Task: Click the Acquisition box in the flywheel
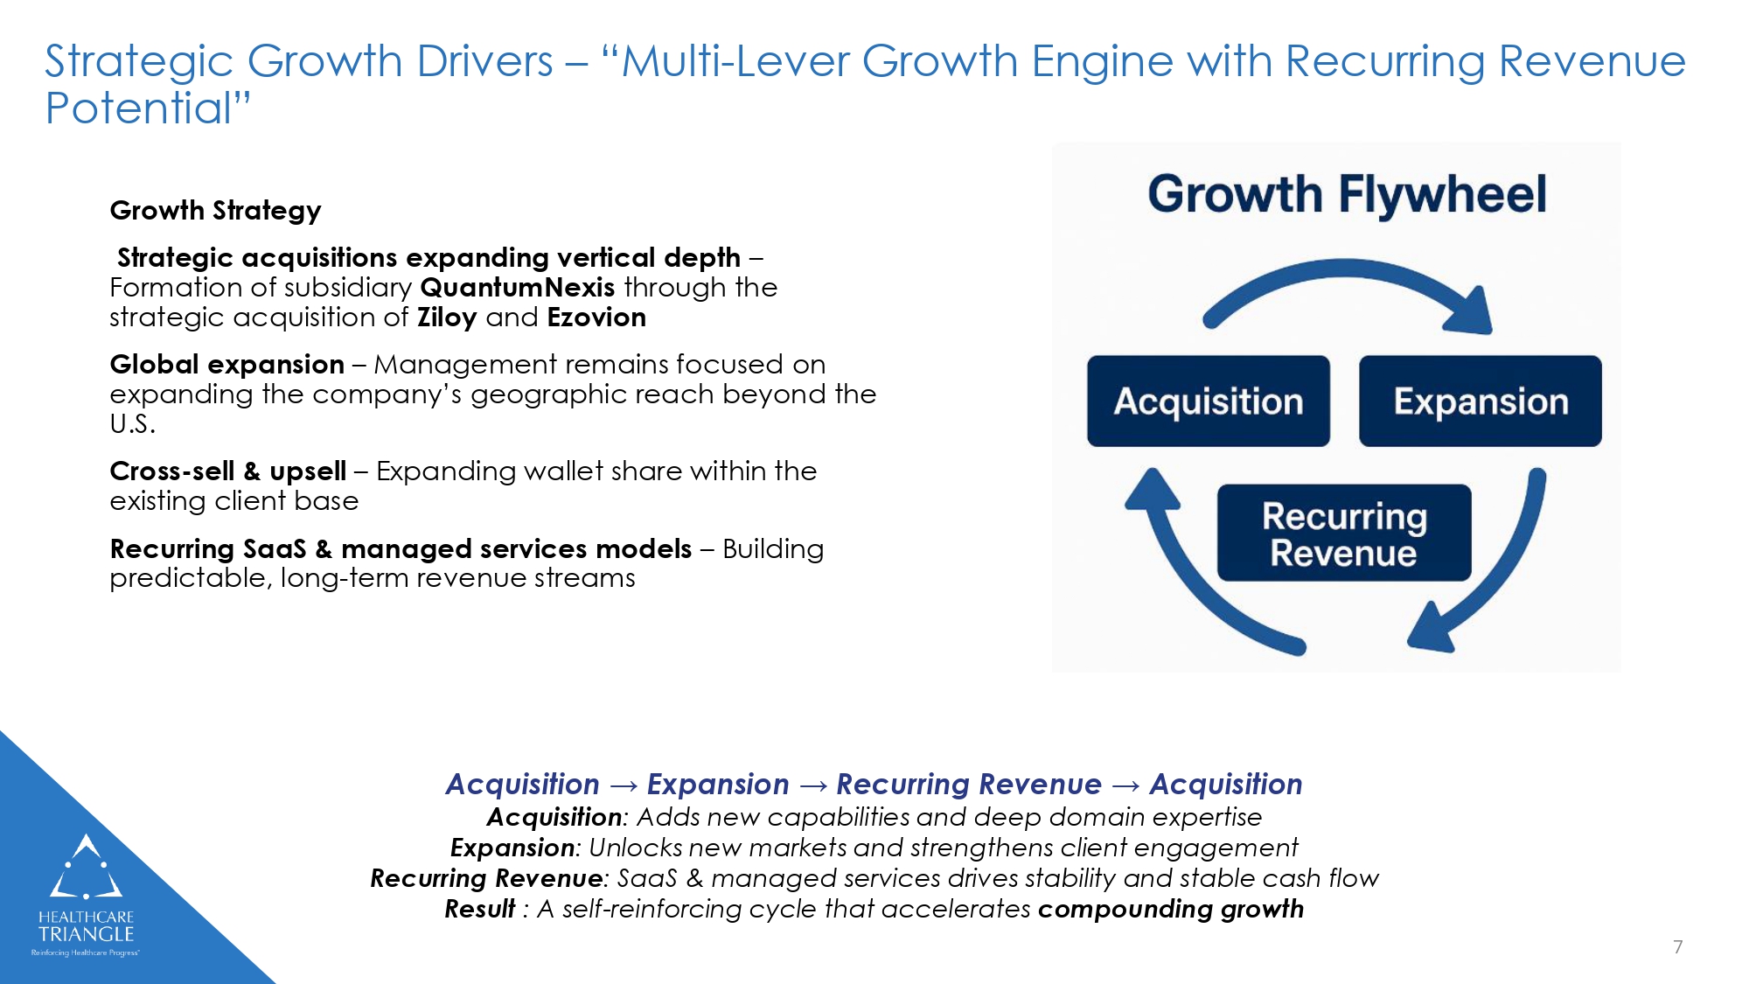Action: click(1208, 401)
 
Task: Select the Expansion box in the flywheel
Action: click(1480, 401)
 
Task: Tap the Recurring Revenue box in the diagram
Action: click(1343, 534)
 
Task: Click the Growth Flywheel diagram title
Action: click(1346, 194)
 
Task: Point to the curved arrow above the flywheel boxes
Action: click(1347, 280)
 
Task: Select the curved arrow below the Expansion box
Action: click(1495, 577)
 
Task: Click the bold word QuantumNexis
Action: click(517, 288)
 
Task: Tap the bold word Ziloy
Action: click(446, 318)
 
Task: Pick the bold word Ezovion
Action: click(596, 318)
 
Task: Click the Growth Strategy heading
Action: click(215, 211)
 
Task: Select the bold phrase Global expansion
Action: click(226, 365)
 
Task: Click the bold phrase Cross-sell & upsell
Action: click(227, 471)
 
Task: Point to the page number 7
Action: click(1677, 946)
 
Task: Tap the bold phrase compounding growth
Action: click(1170, 910)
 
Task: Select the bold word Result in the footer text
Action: click(479, 910)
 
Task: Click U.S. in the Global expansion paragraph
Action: click(132, 424)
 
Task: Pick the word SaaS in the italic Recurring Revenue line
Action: click(647, 879)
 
